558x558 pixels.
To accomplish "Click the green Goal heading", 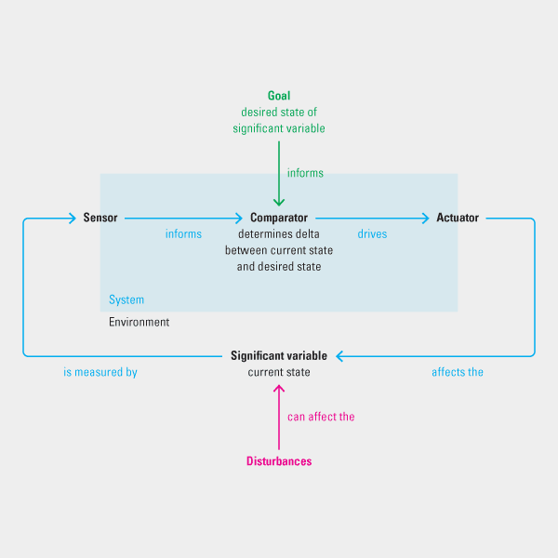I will tap(279, 96).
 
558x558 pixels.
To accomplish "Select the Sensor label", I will tap(100, 218).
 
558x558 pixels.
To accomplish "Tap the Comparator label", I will tap(279, 218).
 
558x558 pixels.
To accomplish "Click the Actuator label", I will tap(458, 218).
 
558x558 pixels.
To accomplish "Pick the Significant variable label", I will tap(279, 355).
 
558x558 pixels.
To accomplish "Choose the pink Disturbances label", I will tap(279, 461).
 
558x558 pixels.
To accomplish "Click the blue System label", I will tap(126, 300).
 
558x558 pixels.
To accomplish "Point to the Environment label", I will tap(139, 322).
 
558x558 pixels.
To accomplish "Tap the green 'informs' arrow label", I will tap(305, 173).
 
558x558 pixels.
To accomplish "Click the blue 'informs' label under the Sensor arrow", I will tap(183, 234).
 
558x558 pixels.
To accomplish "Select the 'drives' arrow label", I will tap(372, 234).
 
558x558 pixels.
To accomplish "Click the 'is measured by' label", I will tap(100, 372).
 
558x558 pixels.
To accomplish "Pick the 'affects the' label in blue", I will tap(458, 372).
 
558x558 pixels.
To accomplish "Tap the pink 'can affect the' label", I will tap(321, 417).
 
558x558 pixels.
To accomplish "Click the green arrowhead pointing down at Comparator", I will tap(279, 202).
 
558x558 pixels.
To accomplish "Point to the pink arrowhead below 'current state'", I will tap(279, 388).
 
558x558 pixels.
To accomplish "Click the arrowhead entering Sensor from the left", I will tap(71, 219).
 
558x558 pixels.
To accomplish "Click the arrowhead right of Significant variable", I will tap(340, 355).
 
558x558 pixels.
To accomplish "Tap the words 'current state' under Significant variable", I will tap(279, 372).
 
